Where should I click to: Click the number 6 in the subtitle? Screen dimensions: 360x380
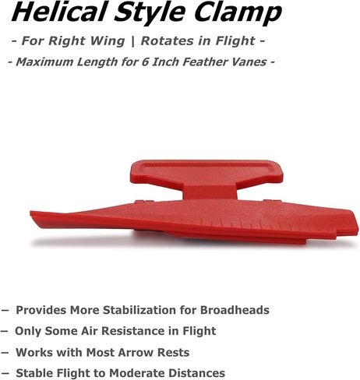point(145,62)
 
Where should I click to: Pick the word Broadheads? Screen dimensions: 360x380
point(235,310)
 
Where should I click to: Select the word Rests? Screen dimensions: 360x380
point(174,352)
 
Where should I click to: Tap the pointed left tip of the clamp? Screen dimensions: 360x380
point(32,214)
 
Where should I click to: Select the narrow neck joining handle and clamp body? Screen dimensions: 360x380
point(210,192)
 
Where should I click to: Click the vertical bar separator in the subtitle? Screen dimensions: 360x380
point(133,41)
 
